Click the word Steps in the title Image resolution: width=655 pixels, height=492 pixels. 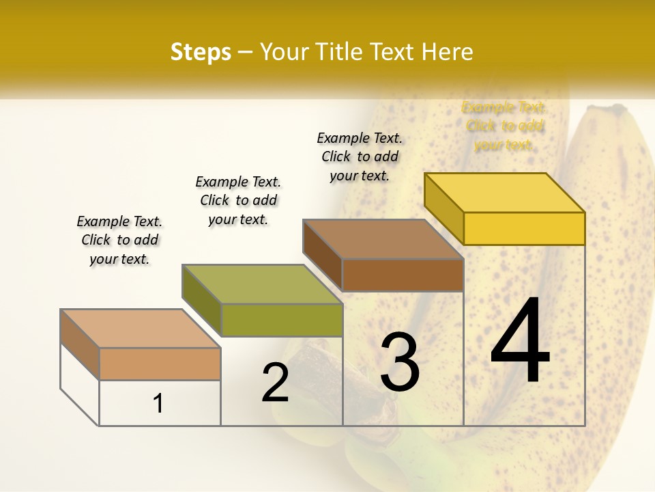pyautogui.click(x=201, y=52)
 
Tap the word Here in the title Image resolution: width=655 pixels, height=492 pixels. pyautogui.click(x=447, y=52)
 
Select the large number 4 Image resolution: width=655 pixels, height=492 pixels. pyautogui.click(x=520, y=342)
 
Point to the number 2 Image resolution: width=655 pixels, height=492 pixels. pyautogui.click(x=275, y=383)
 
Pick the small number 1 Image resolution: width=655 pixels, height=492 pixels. pyautogui.click(x=158, y=403)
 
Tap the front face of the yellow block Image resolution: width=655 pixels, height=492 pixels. pyautogui.click(x=524, y=228)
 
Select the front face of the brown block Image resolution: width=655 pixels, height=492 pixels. pyautogui.click(x=403, y=275)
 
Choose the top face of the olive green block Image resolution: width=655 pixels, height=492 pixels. pyautogui.click(x=262, y=284)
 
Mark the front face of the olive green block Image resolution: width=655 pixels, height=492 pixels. pyautogui.click(x=281, y=320)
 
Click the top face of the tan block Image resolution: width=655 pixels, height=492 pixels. pyautogui.click(x=141, y=329)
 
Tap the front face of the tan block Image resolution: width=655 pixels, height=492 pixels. pyautogui.click(x=160, y=364)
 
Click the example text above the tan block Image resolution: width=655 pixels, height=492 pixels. pyautogui.click(x=119, y=240)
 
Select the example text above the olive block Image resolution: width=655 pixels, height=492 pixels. pyautogui.click(x=238, y=200)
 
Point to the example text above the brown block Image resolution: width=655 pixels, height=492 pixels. pyautogui.click(x=360, y=156)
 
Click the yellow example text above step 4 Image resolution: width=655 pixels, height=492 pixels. pyautogui.click(x=504, y=126)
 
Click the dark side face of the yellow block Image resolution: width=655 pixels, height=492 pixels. pyautogui.click(x=443, y=208)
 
